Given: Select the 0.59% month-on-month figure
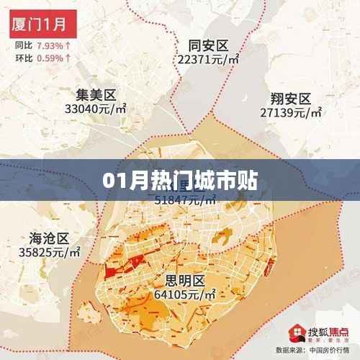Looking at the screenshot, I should [x=50, y=56].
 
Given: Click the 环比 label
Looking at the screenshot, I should [x=23, y=56].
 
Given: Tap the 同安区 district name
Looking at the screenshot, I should [x=207, y=46].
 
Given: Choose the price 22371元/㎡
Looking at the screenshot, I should [x=208, y=60].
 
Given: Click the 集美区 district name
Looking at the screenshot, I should [x=96, y=95].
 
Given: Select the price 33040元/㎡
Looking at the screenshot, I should [x=96, y=109].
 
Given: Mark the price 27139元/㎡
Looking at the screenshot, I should [x=291, y=113].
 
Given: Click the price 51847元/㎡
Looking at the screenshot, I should [x=184, y=201].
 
